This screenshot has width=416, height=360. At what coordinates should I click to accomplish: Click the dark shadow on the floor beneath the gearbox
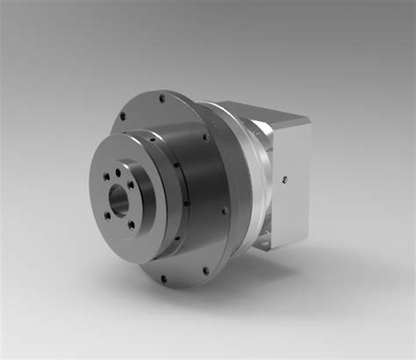coord(290,263)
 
